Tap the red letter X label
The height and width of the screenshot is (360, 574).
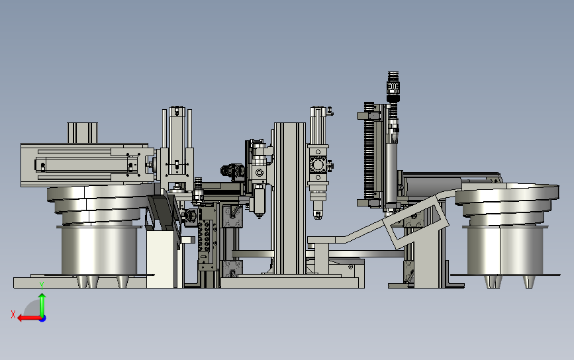(x=13, y=314)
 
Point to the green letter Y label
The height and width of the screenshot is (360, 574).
(x=42, y=285)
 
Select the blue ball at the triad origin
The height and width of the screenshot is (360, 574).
(x=43, y=319)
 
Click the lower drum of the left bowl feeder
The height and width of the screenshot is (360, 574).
(x=99, y=251)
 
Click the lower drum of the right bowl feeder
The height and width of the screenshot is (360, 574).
(x=505, y=251)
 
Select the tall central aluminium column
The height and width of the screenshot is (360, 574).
(x=290, y=199)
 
